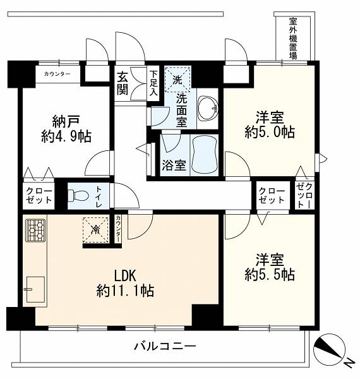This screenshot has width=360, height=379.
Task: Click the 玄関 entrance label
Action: click(123, 83)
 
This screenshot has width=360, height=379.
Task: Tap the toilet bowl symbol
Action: click(78, 195)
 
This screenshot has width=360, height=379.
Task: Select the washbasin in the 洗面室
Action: click(208, 108)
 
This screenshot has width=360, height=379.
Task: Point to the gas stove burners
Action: click(35, 231)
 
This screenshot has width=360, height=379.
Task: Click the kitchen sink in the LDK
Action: click(35, 289)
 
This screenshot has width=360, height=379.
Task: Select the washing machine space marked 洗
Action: click(177, 80)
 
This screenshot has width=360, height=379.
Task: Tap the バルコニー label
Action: click(165, 347)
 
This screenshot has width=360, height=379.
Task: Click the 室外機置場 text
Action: click(293, 39)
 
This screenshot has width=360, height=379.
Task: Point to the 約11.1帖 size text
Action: click(125, 291)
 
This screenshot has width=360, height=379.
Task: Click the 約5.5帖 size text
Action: click(270, 275)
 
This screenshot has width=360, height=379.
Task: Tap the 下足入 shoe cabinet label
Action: click(153, 83)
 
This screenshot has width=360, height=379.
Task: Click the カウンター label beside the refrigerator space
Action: click(117, 229)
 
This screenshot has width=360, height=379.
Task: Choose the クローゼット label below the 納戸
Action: click(39, 195)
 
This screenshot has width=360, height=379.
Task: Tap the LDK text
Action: click(125, 276)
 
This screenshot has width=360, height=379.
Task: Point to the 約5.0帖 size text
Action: click(270, 132)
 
